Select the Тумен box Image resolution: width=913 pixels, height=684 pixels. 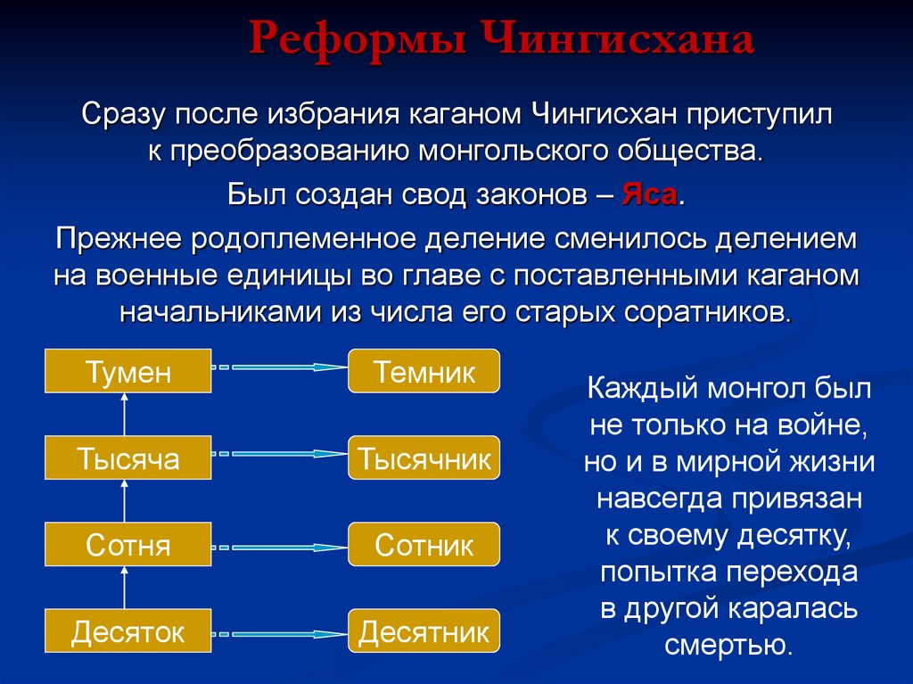(x=128, y=372)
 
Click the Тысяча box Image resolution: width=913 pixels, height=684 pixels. (x=128, y=458)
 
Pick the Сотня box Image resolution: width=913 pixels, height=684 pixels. (x=128, y=545)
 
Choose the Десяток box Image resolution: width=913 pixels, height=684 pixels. (x=128, y=632)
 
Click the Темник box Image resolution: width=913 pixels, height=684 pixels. (x=424, y=372)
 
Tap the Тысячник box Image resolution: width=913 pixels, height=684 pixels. (x=424, y=458)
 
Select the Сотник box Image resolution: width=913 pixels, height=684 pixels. (x=424, y=545)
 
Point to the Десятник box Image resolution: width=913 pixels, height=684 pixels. (x=424, y=632)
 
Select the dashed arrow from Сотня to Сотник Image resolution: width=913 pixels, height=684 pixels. (x=279, y=546)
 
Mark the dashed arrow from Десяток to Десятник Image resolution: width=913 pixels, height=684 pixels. (x=279, y=633)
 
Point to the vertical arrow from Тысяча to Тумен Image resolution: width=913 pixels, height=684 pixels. (x=125, y=415)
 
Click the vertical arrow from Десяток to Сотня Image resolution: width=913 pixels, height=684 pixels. (x=125, y=589)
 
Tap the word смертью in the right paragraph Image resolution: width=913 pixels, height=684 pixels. (x=728, y=644)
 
